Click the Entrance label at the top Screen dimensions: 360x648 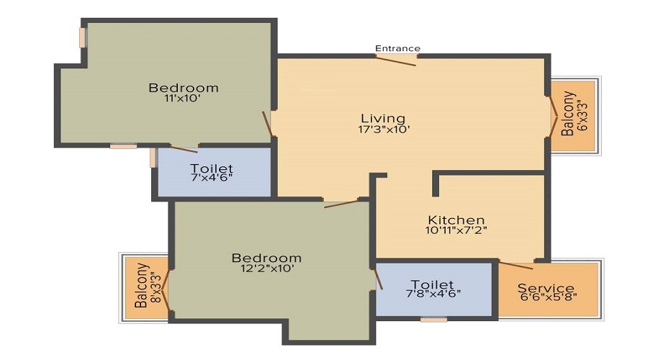point(397,48)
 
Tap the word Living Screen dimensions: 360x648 point(383,118)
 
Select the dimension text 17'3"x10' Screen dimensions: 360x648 point(384,130)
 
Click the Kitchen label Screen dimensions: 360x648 point(456,220)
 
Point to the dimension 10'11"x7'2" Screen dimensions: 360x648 point(456,231)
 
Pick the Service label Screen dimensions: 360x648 point(546,289)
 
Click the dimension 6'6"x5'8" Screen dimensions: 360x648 point(548,296)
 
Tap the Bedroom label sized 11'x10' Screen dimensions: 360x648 point(183,88)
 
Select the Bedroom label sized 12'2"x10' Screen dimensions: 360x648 point(266,257)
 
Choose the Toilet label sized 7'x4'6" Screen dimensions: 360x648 point(212,168)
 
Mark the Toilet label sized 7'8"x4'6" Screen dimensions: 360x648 point(432,284)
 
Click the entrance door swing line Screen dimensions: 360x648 point(395,60)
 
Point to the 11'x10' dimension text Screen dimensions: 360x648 point(182,99)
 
